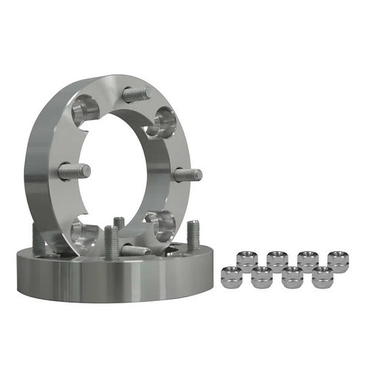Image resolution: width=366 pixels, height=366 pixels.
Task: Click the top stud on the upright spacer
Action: coord(137,94)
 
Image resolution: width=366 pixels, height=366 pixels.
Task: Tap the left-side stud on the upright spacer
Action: coord(74,171)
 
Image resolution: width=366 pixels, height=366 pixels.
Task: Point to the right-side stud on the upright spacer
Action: coord(188,174)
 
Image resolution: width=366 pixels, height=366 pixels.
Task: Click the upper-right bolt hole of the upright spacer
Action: coord(163,122)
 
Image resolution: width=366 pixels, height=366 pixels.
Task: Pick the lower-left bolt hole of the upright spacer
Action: coord(85,232)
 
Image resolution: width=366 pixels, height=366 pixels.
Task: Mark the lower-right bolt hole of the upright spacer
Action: coord(161,223)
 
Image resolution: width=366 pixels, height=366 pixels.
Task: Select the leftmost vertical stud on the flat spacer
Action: coord(38,239)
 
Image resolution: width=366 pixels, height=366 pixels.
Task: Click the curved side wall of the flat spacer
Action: coord(102,279)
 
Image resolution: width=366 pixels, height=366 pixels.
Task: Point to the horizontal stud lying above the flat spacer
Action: coord(135,250)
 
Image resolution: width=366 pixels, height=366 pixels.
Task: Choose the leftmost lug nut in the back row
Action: coord(246,261)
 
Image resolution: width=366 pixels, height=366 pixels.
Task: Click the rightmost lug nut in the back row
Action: coord(338,261)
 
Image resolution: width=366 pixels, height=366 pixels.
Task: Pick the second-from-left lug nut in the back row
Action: coord(277,261)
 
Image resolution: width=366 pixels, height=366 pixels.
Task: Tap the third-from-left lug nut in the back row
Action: coord(308,261)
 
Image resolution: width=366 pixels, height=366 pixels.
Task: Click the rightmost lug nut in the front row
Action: coord(322,277)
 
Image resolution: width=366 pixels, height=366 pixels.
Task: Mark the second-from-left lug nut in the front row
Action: coord(262,277)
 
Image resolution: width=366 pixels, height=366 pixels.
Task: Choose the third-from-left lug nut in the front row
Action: coord(292,277)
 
